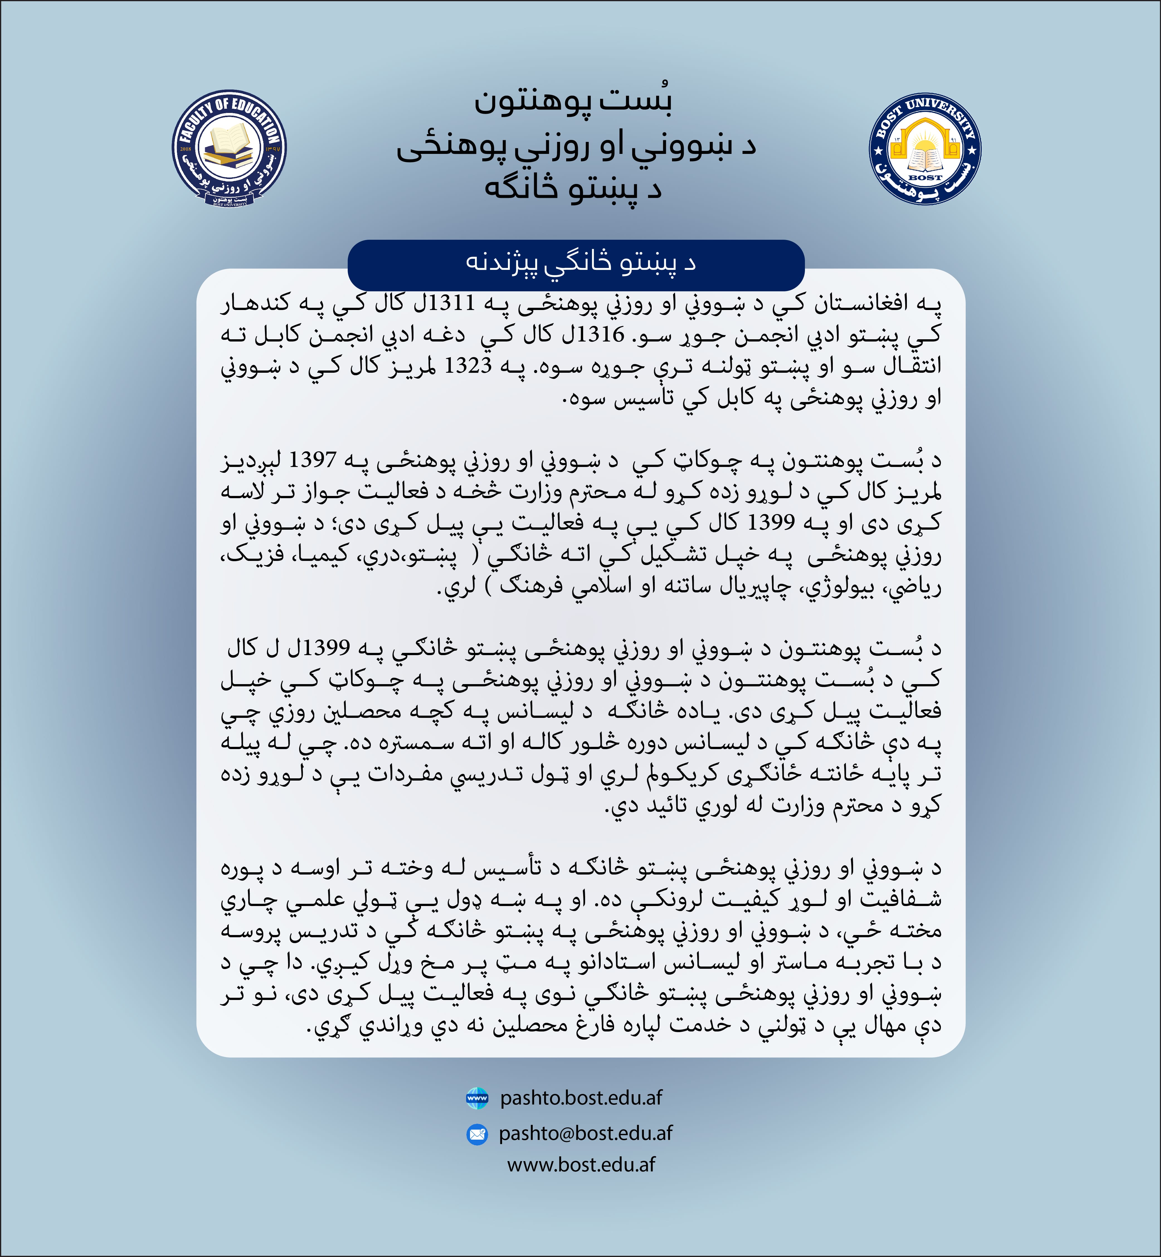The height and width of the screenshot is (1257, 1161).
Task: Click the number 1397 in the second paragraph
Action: click(x=313, y=461)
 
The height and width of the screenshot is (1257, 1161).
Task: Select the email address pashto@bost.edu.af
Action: click(x=586, y=1133)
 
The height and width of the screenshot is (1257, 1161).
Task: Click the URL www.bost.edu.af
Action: click(x=581, y=1165)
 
